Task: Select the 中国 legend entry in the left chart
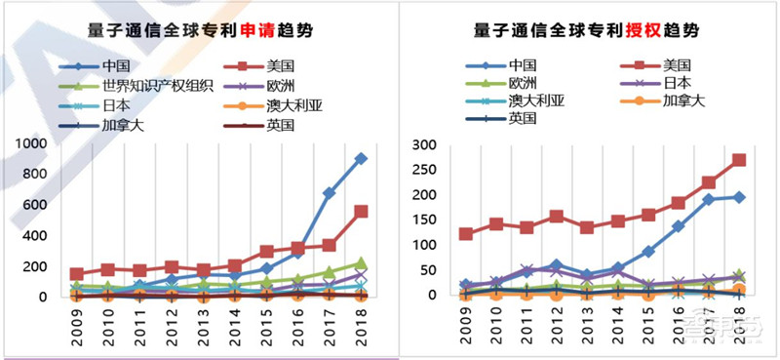coord(115,67)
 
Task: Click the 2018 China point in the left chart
coord(361,158)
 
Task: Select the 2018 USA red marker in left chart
coord(361,211)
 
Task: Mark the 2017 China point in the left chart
coord(330,193)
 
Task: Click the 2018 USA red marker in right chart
coord(738,160)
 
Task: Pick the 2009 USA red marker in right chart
coord(466,234)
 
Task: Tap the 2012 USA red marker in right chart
coord(557,216)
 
